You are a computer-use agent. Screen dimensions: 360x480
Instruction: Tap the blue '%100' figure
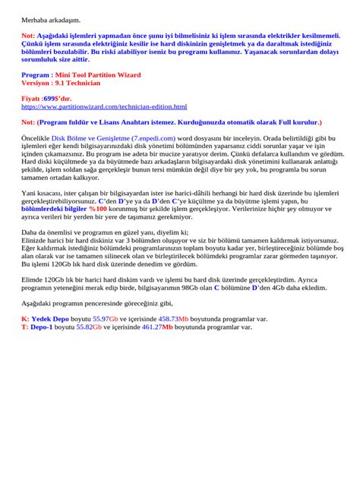(x=97, y=207)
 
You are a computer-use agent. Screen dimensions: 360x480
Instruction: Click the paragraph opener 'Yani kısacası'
(x=45, y=193)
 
